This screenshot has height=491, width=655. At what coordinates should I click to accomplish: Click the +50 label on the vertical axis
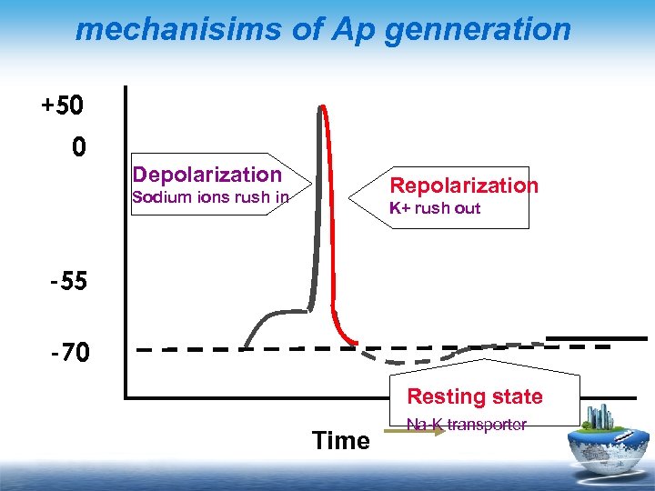[62, 105]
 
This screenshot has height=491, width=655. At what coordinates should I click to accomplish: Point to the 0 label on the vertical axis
[79, 147]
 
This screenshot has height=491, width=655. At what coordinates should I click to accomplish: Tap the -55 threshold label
[68, 281]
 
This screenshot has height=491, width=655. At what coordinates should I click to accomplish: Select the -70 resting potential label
[68, 351]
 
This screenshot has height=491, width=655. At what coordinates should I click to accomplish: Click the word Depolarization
[207, 175]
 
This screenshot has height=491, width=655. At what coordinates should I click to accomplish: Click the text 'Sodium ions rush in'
[210, 197]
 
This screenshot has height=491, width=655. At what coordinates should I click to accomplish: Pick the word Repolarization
[463, 185]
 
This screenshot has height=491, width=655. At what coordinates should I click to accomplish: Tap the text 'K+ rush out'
[434, 208]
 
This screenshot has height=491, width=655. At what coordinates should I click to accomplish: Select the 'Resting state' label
[474, 396]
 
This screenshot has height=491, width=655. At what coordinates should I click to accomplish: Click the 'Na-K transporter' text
[466, 425]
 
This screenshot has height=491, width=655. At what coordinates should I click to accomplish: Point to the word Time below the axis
[340, 441]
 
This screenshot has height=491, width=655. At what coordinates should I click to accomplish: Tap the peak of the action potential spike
[321, 106]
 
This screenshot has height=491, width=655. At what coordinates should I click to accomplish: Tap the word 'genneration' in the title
[480, 29]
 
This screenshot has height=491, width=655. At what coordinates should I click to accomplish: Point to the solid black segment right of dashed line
[596, 338]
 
